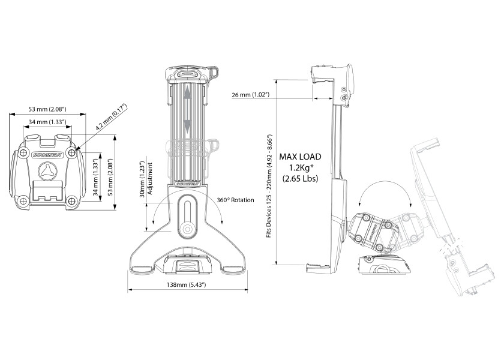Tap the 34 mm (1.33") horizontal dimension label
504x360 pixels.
pos(47,122)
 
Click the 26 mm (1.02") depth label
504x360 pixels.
pos(250,95)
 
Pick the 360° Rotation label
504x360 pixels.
pos(235,200)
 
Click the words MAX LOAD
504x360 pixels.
pos(300,156)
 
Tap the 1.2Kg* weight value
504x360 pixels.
pos(300,167)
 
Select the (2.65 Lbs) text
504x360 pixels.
pos(300,178)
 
